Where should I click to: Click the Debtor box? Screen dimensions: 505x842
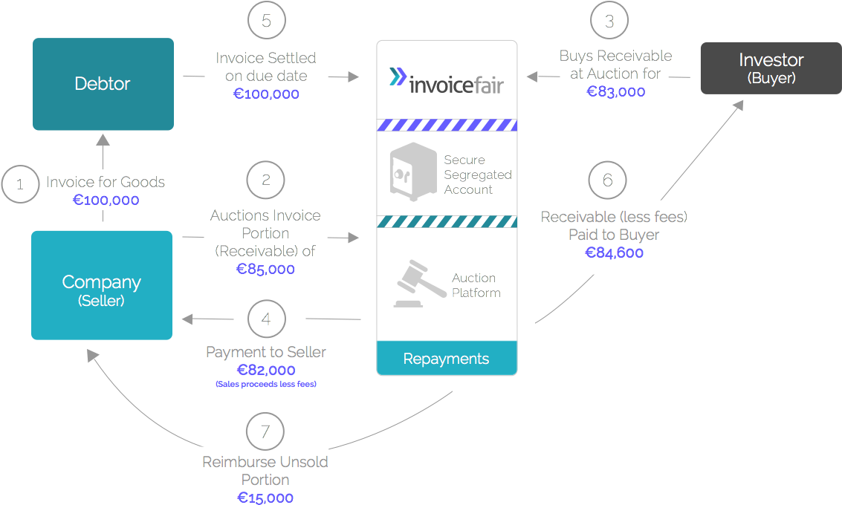coord(103,84)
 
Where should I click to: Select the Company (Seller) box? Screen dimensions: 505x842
coord(102,285)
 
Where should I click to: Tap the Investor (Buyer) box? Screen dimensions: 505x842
coord(771,68)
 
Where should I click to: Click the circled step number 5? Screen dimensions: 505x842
coord(267,20)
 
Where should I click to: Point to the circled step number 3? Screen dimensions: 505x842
coord(609,21)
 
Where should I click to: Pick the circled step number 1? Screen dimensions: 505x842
coord(20,183)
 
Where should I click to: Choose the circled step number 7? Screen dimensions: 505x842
coord(265,431)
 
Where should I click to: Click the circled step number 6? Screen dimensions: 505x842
coord(607,180)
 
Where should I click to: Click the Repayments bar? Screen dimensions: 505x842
coord(446,359)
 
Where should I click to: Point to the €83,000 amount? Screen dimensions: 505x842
coord(615,91)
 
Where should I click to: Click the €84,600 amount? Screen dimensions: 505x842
coord(614,252)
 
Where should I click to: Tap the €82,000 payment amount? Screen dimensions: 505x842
coord(266,370)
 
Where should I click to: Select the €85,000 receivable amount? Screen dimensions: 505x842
coord(265,269)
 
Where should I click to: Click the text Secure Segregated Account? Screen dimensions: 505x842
coord(477,175)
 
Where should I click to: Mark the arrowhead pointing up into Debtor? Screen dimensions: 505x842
coord(103,140)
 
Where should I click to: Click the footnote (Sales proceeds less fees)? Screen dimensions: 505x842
coord(266,384)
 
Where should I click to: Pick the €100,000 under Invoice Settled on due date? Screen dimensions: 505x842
coord(266,94)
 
